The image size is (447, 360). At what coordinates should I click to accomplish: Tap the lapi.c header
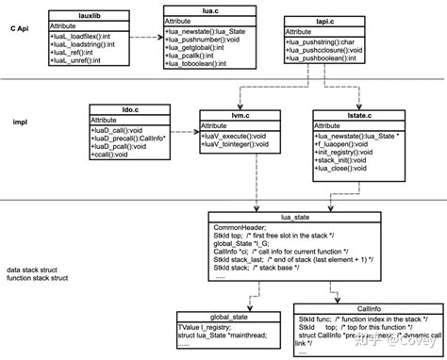pyautogui.click(x=322, y=21)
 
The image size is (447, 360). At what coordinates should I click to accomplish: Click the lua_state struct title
pyautogui.click(x=295, y=216)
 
